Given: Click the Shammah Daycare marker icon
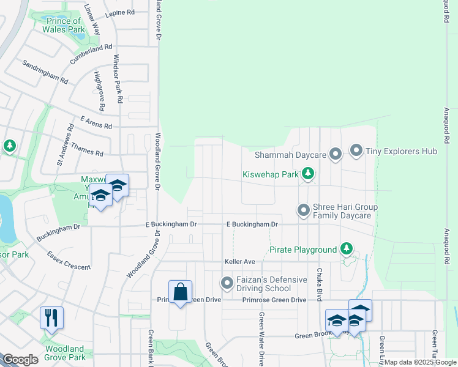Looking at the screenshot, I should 335,155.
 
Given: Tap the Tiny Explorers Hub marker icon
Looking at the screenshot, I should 356,150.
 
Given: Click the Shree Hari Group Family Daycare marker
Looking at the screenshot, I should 303,211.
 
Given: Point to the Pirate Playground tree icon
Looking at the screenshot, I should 347,249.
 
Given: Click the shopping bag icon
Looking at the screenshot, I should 181,292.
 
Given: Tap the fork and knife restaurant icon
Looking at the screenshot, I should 51,319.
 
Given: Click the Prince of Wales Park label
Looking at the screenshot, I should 64,24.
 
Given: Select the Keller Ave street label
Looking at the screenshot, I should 239,262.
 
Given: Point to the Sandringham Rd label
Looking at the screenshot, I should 45,72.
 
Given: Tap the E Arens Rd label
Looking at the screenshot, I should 96,123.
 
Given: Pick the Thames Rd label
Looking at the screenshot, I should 87,150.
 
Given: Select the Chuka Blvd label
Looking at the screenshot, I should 319,281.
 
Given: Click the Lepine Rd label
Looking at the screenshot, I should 120,12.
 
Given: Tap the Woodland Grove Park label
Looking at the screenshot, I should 64,352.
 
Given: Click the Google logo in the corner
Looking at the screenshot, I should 20,360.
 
